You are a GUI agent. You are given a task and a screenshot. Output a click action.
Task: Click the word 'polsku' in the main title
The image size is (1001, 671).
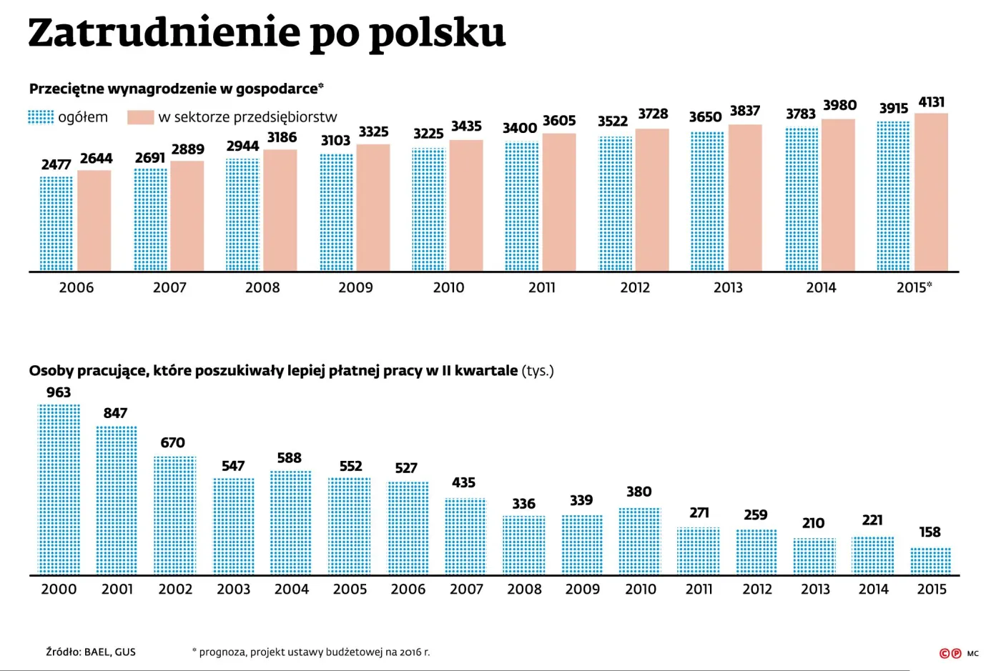click(437, 34)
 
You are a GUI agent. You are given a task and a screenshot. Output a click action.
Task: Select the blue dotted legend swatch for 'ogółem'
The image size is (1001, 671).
click(41, 117)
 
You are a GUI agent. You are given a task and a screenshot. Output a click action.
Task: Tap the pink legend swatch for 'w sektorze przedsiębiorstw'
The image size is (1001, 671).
click(141, 117)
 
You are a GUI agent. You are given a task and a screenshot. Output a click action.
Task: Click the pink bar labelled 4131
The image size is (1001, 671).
click(931, 193)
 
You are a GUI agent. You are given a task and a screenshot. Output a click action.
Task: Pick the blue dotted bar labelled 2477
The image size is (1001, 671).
click(56, 224)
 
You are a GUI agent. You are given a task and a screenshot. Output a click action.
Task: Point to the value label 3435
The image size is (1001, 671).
click(466, 126)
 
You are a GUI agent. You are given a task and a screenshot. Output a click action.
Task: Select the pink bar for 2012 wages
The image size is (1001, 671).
click(652, 200)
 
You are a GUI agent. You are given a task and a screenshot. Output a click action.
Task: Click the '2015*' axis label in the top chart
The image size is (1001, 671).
click(914, 287)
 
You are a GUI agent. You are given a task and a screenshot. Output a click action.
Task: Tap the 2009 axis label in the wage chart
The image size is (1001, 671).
click(355, 287)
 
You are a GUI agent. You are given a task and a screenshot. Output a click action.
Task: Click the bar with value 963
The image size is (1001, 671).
click(59, 489)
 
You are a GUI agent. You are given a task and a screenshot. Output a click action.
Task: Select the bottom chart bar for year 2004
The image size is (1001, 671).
click(291, 522)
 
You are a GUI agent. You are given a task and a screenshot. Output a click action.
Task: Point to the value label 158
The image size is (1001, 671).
click(930, 532)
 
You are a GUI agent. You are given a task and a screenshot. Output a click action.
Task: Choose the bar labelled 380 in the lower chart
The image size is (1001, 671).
click(640, 541)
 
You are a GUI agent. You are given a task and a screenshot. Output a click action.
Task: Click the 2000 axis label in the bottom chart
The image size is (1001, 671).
click(59, 590)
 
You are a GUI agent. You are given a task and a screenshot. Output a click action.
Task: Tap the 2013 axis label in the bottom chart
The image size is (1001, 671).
click(815, 590)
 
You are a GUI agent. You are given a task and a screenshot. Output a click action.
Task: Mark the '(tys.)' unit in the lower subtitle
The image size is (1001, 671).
click(538, 371)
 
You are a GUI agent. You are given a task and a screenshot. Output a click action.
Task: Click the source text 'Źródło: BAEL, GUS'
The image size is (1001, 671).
click(91, 652)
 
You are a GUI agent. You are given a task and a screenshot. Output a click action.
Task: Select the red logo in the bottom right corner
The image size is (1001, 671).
click(950, 653)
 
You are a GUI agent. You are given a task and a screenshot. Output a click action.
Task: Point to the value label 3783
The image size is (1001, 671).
click(801, 114)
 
